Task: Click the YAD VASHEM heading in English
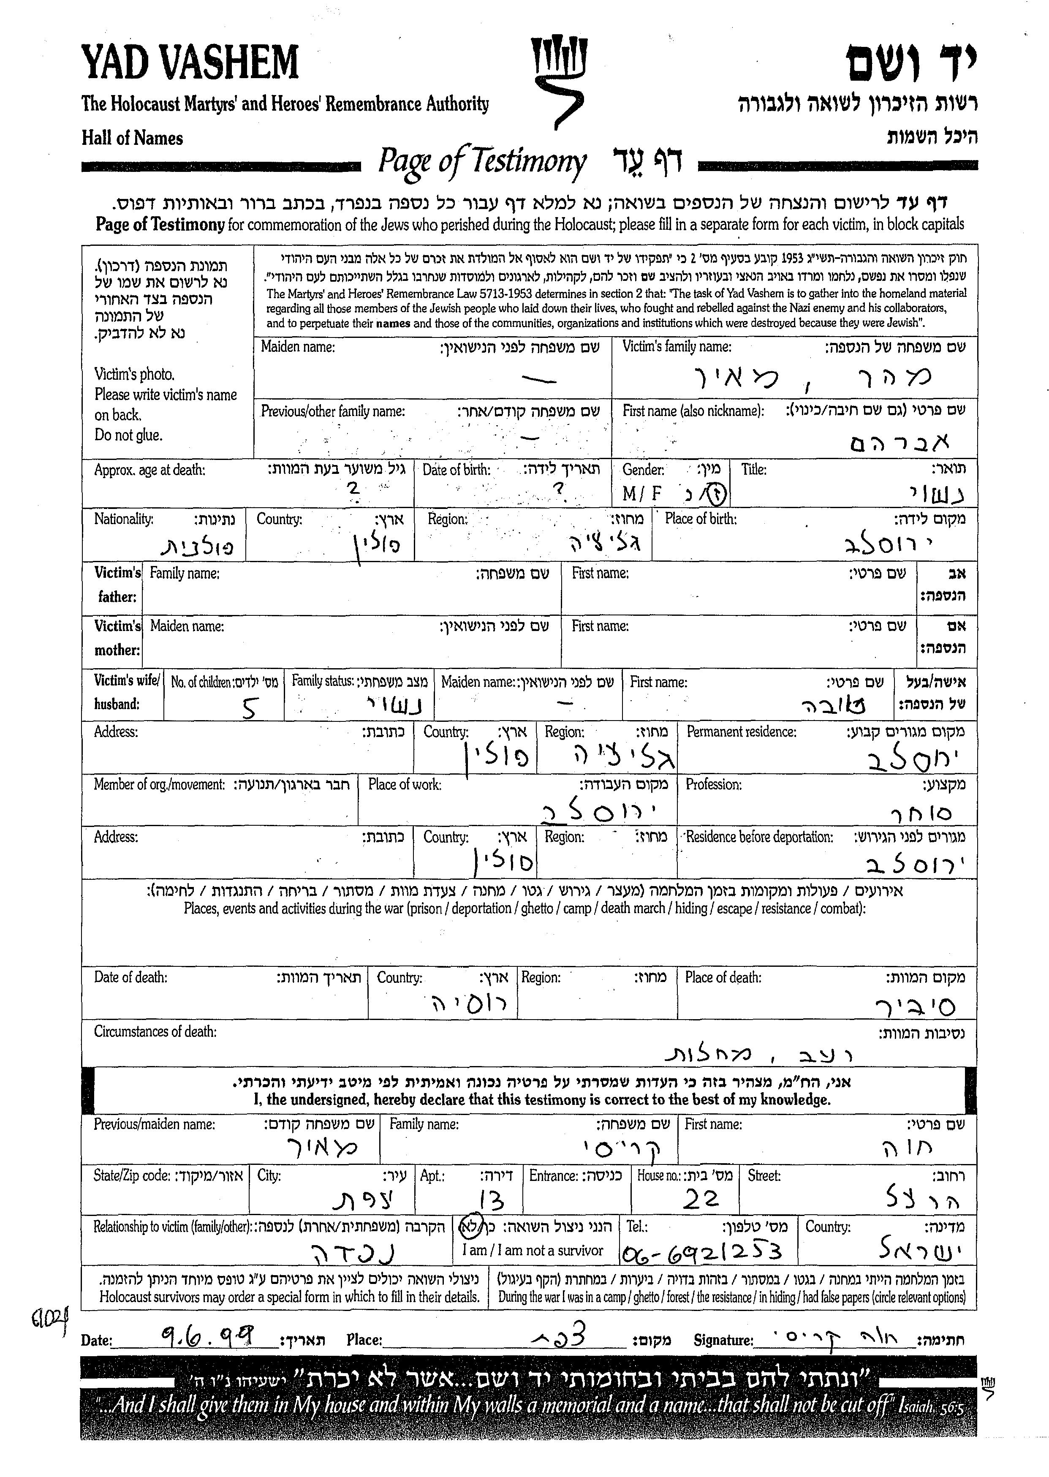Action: tap(190, 63)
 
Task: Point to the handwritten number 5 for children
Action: tap(249, 709)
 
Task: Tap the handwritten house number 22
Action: tap(701, 1199)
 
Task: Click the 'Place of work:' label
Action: tap(405, 784)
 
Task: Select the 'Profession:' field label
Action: tap(713, 784)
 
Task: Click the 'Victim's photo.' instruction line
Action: tap(134, 374)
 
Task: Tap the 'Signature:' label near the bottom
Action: tap(723, 1340)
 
